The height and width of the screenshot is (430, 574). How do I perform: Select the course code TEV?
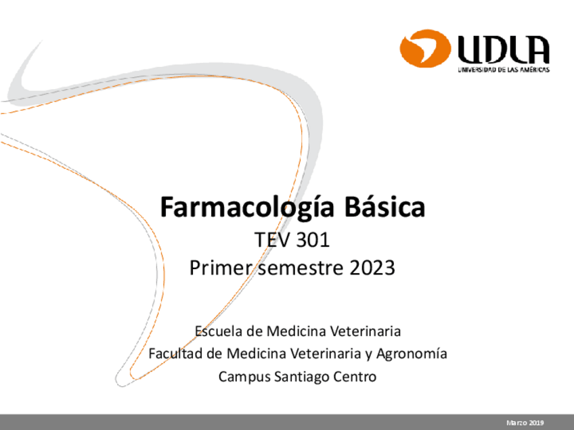pyautogui.click(x=269, y=241)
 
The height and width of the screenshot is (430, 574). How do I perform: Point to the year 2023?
pyautogui.click(x=372, y=268)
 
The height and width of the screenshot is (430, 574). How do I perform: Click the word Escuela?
pyautogui.click(x=219, y=331)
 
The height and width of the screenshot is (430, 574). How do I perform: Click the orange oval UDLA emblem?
pyautogui.click(x=425, y=50)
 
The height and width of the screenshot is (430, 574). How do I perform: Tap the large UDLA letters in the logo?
pyautogui.click(x=504, y=50)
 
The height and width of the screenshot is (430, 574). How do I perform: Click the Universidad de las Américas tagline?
pyautogui.click(x=504, y=70)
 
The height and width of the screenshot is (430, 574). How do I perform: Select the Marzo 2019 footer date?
pyautogui.click(x=525, y=423)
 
